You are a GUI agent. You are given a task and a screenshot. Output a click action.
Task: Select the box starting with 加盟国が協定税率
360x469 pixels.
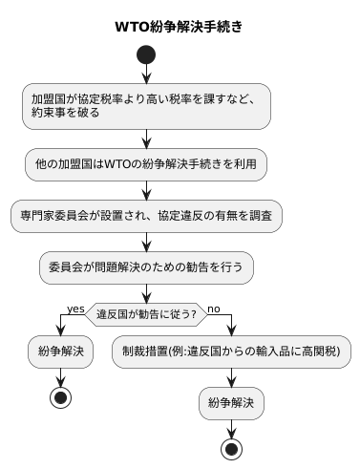(x=146, y=105)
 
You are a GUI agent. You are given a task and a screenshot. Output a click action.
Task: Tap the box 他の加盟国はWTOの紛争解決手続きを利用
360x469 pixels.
(x=146, y=164)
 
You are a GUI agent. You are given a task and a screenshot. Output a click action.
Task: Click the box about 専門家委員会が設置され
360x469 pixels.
(x=146, y=216)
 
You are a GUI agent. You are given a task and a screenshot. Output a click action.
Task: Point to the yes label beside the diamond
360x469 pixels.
(x=74, y=308)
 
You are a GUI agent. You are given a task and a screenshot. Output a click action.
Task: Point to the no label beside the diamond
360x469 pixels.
(x=214, y=308)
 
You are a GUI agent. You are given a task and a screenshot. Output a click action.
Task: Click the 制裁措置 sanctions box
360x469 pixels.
(x=231, y=352)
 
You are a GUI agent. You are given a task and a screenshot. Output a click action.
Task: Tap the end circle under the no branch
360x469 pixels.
(x=231, y=449)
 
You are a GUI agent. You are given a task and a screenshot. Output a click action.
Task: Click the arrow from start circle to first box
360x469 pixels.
(x=146, y=76)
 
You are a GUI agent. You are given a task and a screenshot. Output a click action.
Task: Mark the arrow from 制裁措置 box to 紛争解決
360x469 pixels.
(x=231, y=377)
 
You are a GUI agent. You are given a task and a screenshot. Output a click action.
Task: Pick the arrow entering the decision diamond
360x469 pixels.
(x=146, y=292)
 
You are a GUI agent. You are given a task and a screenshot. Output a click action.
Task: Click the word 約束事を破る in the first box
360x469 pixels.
(x=64, y=113)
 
